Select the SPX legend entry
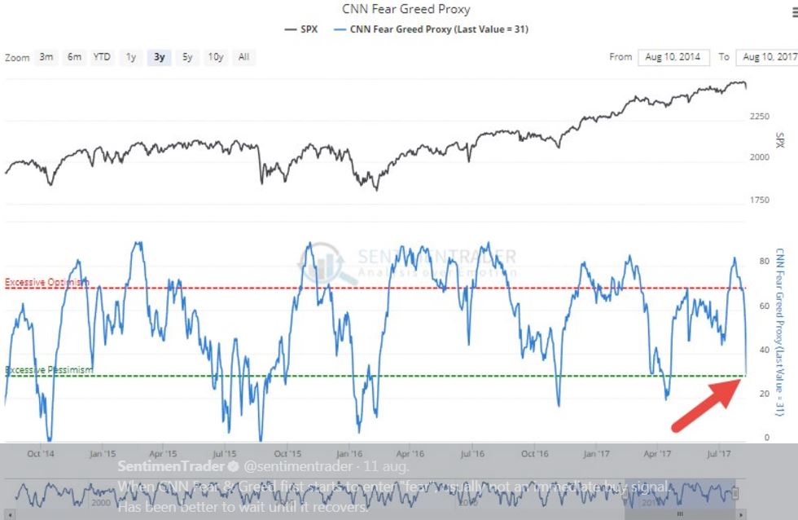click(x=303, y=29)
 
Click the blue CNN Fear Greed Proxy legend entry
click(x=432, y=29)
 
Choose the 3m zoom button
click(x=46, y=57)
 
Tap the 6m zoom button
click(x=74, y=57)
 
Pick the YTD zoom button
click(x=102, y=57)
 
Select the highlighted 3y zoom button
click(x=160, y=57)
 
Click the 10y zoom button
click(x=216, y=57)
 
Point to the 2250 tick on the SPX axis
click(x=759, y=117)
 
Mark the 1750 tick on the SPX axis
click(x=759, y=201)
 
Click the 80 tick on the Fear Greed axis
click(x=764, y=262)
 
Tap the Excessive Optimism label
click(x=47, y=282)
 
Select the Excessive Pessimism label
click(x=49, y=370)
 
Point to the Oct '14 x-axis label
click(x=41, y=453)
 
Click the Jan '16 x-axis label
click(x=349, y=453)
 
